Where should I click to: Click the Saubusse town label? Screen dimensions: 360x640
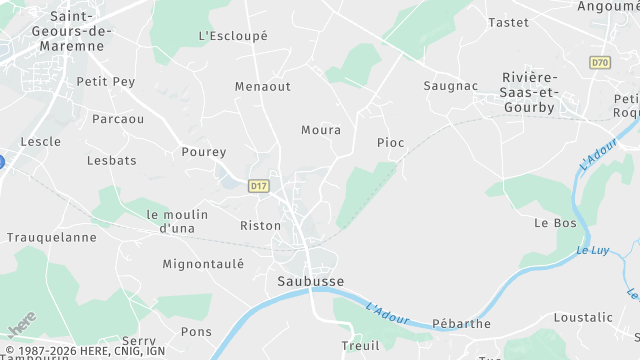310,282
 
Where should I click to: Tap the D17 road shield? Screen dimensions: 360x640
259,186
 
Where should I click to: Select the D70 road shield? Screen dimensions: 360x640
599,63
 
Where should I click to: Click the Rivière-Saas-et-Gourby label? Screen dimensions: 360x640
530,91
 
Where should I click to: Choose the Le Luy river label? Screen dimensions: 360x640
594,251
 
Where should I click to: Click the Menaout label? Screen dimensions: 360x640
262,87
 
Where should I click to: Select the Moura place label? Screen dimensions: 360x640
321,130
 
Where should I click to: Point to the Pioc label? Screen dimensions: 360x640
390,143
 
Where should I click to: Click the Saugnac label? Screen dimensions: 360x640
450,87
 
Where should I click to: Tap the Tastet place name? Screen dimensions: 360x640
507,22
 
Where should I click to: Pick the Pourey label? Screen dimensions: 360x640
204,153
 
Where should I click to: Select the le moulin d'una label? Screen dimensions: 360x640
177,221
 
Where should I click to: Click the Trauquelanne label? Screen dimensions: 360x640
52,238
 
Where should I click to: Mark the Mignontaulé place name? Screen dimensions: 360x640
203,265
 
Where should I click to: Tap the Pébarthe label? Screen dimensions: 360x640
461,324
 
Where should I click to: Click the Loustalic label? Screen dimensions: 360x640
582,318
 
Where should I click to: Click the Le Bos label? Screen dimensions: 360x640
557,223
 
